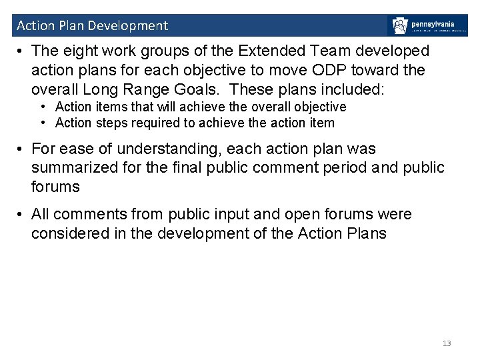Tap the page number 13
click(x=447, y=343)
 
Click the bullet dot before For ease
click(x=21, y=149)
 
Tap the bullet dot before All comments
click(x=21, y=215)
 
